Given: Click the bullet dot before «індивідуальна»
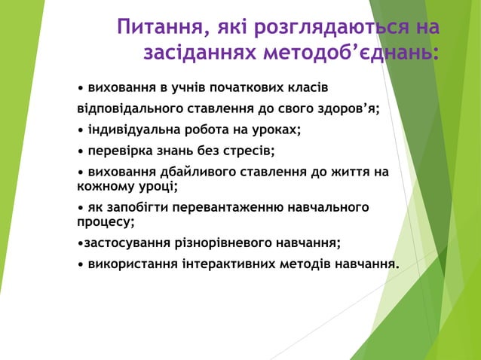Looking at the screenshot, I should pos(81,130).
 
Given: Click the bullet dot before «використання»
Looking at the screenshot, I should pos(81,265).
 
